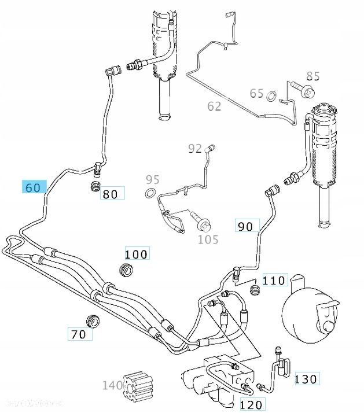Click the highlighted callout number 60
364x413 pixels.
(x=34, y=187)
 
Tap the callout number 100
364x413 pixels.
(x=137, y=254)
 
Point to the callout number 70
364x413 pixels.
(x=79, y=334)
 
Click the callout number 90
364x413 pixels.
(x=246, y=226)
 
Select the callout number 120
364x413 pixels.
(x=251, y=404)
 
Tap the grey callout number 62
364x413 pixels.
(x=215, y=106)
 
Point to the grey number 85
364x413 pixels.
(x=312, y=76)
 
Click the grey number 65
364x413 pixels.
(x=257, y=93)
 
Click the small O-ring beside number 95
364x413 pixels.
(x=151, y=193)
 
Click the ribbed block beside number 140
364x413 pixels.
(x=141, y=385)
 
